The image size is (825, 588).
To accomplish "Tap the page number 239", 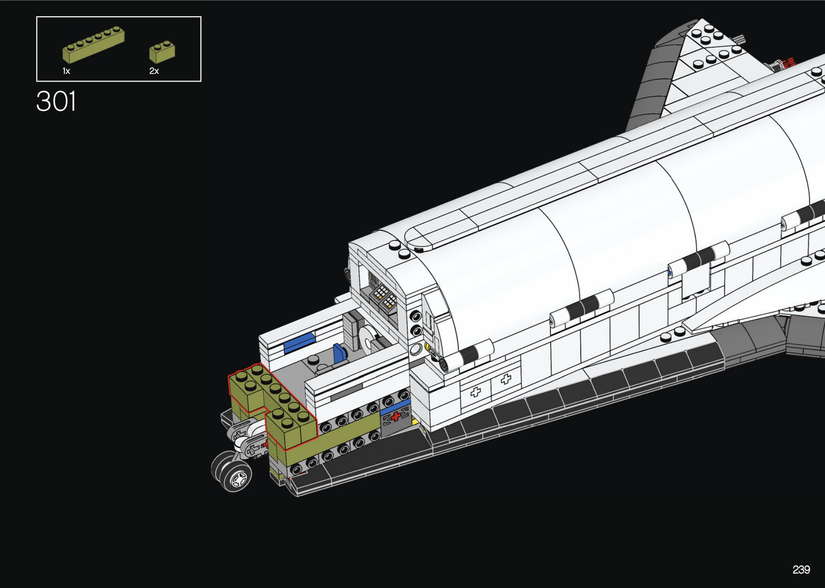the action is point(801,570).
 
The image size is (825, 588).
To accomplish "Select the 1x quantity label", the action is point(66,71).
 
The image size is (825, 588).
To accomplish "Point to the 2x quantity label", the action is point(154,71).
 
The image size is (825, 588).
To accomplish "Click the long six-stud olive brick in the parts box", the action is point(93,44).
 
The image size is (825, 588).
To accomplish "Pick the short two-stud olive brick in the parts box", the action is point(162,52).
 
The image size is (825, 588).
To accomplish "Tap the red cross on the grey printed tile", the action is point(395,416).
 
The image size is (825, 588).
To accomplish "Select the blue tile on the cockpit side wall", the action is point(300,343).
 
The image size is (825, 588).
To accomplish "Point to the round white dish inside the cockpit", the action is point(368,338).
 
